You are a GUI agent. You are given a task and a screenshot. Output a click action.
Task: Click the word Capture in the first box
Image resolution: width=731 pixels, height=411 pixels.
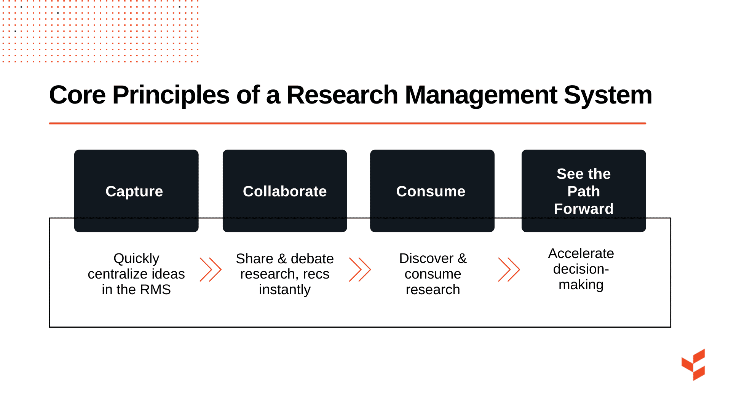point(134,191)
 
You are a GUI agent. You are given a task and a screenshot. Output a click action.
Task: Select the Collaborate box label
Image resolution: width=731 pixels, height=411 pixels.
point(285,191)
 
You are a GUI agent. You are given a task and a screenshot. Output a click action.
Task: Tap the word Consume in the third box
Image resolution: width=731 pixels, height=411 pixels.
point(431,191)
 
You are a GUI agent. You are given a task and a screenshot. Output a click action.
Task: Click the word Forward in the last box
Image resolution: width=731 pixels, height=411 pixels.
point(583,209)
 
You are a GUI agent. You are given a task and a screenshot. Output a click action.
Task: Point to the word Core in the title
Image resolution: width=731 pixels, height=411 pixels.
point(77,95)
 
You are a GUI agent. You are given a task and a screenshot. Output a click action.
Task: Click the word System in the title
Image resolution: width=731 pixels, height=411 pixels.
point(608,95)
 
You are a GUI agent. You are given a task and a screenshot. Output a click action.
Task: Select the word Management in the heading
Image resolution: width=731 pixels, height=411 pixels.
point(481,95)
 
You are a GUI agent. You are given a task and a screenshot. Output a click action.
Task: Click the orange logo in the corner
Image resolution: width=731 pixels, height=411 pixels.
point(694,365)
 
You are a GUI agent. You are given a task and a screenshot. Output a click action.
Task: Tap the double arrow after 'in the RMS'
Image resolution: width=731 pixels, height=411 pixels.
point(211,269)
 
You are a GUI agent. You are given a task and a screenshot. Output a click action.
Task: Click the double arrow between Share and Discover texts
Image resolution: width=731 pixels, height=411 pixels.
point(360,269)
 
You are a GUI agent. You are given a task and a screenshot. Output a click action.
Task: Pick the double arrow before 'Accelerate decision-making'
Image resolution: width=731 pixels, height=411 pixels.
point(509,269)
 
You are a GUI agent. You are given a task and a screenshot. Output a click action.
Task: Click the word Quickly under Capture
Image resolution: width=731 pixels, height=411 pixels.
point(136,258)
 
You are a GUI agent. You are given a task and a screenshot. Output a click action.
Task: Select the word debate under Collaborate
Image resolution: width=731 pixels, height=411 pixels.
point(312,259)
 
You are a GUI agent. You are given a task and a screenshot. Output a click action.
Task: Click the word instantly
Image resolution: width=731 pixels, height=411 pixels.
point(285,290)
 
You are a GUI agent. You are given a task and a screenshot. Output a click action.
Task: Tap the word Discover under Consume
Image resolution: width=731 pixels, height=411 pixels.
point(426,258)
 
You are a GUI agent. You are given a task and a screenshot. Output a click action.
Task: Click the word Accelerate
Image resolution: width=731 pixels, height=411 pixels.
point(581,253)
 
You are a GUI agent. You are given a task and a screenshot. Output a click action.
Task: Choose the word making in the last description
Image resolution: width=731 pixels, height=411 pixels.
point(581,285)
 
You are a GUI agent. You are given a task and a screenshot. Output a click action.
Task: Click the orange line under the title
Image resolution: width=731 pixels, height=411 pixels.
point(347,123)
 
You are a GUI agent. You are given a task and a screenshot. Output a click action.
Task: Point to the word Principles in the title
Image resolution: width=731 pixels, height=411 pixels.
point(171,95)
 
